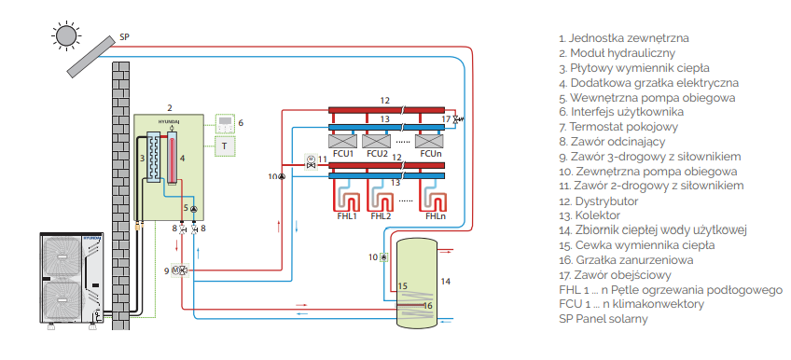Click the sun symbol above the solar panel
tap(65, 35)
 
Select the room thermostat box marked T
tap(225, 146)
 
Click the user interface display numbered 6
tap(225, 123)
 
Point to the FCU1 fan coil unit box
tap(342, 141)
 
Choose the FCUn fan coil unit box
tap(429, 141)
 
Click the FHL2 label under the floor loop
tap(381, 216)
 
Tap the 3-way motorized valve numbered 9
tap(181, 270)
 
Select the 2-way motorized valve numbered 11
tap(311, 162)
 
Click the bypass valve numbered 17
tap(456, 119)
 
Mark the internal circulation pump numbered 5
tap(194, 208)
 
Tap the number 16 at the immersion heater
tap(428, 305)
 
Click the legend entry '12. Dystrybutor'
tap(599, 201)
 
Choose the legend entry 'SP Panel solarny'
tap(604, 319)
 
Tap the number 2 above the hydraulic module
tap(170, 107)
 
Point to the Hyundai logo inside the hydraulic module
tap(169, 121)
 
